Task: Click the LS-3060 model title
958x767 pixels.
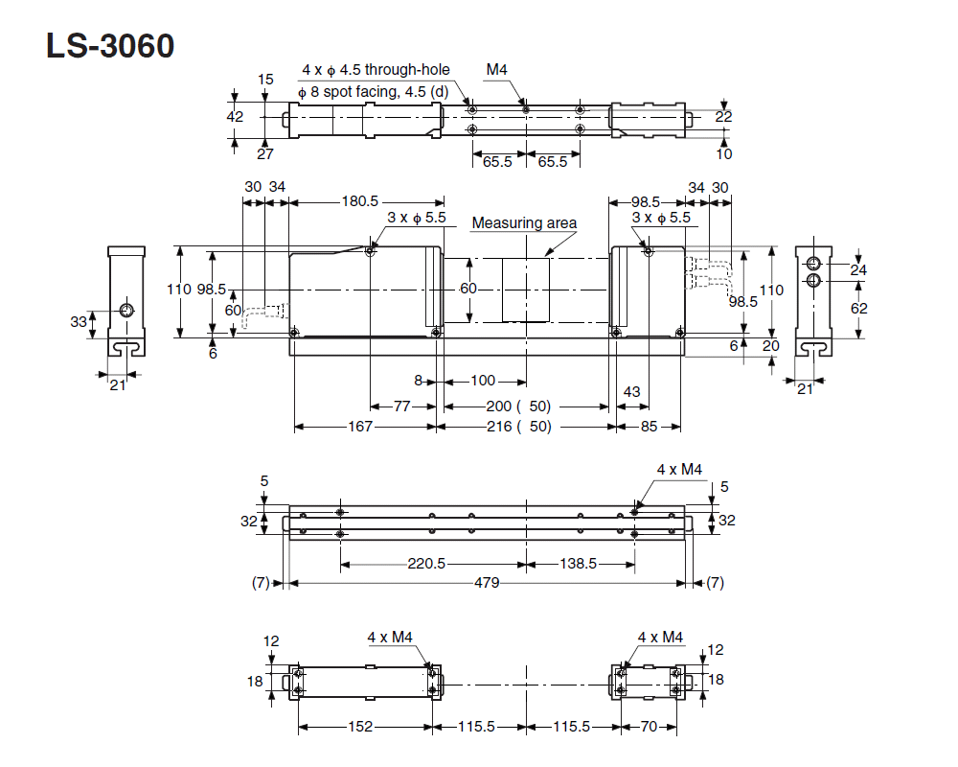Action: tap(110, 45)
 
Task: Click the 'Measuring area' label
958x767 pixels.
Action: tap(524, 223)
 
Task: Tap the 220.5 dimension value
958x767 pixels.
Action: tap(426, 564)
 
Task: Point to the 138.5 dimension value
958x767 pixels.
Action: tap(578, 564)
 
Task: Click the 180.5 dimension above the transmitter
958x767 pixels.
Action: tap(360, 201)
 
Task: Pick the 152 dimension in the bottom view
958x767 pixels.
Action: tap(359, 727)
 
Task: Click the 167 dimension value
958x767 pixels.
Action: tap(360, 427)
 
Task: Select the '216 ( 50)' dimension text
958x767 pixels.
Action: tap(518, 427)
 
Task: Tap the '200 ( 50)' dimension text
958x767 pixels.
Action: tap(518, 407)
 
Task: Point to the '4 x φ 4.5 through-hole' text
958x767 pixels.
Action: tap(376, 70)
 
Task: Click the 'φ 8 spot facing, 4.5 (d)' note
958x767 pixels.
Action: tap(373, 92)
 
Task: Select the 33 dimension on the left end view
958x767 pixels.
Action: tap(79, 322)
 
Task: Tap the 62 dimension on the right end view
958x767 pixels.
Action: tap(858, 308)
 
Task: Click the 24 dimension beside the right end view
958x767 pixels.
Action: tap(858, 270)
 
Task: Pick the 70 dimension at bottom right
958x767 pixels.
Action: tap(649, 727)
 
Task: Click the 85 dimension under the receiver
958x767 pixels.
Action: tap(649, 427)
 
